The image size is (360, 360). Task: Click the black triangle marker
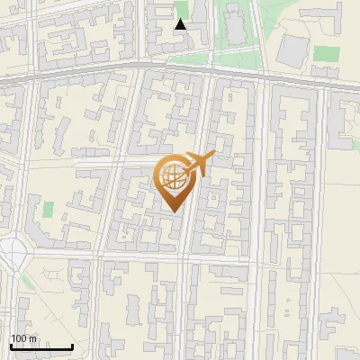(181, 24)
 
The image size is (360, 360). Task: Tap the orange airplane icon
(197, 163)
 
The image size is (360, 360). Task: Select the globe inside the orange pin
(174, 177)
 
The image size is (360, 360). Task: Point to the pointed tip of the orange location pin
(174, 211)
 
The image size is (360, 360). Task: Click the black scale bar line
(41, 346)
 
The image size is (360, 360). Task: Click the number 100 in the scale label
(18, 338)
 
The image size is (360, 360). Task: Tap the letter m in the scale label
(32, 338)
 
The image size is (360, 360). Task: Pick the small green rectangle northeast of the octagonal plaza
(48, 209)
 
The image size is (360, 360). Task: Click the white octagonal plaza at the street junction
(12, 256)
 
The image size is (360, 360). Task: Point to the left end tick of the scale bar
(11, 345)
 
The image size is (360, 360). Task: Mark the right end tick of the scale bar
(72, 345)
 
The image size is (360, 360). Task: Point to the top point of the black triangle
(181, 19)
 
